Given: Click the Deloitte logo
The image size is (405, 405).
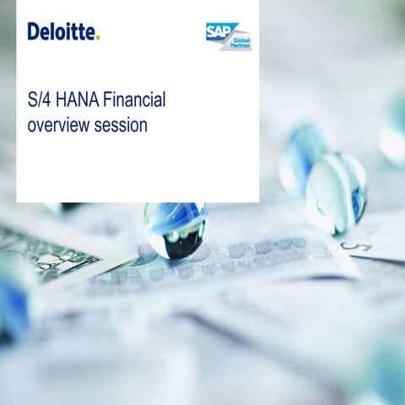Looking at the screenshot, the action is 63,31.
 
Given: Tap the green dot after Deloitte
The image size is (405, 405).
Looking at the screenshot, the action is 98,38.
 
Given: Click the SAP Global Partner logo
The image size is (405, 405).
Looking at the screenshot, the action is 229,36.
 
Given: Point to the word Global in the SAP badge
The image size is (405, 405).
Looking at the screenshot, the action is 241,40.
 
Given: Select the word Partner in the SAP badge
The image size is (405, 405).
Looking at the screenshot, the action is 240,46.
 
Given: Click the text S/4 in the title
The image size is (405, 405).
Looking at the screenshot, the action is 39,100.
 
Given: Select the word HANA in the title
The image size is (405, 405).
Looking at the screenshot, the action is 78,100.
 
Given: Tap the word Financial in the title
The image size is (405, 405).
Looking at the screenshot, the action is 134,100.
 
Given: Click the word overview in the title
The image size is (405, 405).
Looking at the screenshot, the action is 58,125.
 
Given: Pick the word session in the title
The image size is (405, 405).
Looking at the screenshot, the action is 121,125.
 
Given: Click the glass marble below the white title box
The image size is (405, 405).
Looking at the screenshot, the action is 175,230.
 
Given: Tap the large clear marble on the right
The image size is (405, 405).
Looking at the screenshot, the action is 336,194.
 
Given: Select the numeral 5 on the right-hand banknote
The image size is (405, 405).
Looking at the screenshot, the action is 357,246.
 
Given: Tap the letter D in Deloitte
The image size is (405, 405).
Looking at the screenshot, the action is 34,31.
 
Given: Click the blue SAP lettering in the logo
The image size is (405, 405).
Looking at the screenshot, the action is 219,31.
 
